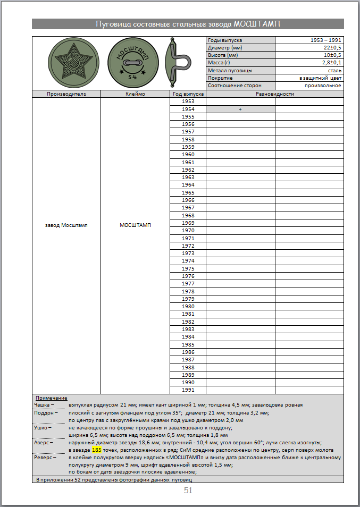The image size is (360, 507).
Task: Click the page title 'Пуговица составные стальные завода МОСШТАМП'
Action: (188, 24)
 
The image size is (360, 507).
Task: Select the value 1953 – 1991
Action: (326, 40)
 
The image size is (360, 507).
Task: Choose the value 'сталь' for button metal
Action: (334, 70)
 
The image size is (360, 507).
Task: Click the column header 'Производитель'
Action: (66, 94)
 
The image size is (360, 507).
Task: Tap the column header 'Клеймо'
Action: (135, 94)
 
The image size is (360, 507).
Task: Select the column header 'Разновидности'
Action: (274, 94)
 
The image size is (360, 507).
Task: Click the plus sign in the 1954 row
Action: (240, 109)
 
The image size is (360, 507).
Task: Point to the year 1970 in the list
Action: (188, 231)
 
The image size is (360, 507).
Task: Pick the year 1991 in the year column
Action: (188, 390)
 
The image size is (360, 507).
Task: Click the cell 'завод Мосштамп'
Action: (66, 225)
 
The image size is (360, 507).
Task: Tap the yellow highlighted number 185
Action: (96, 450)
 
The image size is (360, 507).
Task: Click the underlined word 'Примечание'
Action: (51, 398)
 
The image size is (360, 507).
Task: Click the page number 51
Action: (188, 491)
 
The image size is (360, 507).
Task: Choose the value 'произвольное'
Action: (323, 85)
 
